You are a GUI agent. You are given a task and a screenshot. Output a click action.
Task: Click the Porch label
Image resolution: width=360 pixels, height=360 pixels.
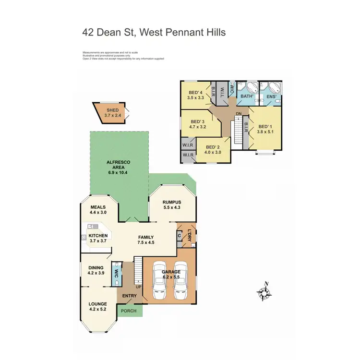(128, 311)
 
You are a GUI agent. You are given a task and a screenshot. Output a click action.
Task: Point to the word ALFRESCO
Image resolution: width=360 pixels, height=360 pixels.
(115, 163)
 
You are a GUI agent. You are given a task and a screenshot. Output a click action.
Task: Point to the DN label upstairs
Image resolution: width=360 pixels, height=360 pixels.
(239, 113)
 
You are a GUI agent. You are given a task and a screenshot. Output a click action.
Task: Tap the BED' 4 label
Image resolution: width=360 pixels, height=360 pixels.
(195, 92)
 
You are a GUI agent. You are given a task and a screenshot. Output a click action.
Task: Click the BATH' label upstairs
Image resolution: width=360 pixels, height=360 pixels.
(247, 96)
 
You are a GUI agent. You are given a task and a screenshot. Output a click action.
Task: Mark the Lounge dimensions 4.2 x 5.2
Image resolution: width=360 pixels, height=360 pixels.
(97, 309)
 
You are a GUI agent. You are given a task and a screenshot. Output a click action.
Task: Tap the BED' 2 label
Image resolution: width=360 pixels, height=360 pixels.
(213, 147)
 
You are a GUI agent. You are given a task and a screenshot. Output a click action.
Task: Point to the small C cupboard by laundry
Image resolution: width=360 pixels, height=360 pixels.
(180, 235)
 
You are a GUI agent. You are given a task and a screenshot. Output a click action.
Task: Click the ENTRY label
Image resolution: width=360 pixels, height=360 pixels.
(130, 296)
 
